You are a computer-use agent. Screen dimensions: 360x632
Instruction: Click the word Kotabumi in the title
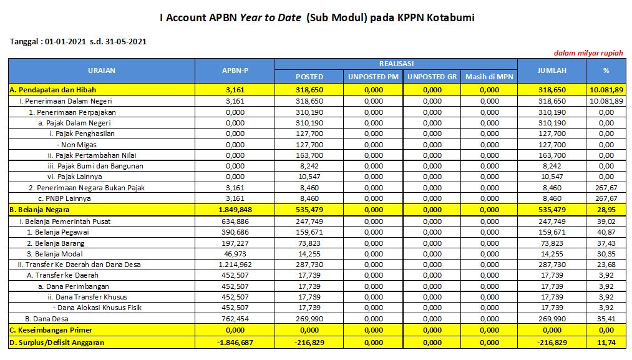(449, 17)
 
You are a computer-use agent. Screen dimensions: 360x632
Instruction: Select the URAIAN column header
(102, 71)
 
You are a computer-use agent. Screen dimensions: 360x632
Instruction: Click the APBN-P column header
(235, 71)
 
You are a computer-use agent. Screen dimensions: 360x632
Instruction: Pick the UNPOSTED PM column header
(374, 77)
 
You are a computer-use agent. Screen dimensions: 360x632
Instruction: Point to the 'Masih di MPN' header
(490, 77)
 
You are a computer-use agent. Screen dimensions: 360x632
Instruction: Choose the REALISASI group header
(396, 64)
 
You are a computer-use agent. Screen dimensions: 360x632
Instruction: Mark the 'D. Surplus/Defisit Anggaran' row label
(57, 343)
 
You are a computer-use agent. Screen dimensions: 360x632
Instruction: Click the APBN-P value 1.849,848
(235, 209)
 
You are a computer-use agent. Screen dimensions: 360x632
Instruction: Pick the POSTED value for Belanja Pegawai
(309, 232)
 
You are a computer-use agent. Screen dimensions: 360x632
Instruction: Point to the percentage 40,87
(606, 232)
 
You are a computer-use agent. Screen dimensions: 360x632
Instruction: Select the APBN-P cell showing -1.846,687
(235, 343)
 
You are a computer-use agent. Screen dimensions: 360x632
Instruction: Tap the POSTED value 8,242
(309, 166)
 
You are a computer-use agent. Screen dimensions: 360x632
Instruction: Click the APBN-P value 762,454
(235, 318)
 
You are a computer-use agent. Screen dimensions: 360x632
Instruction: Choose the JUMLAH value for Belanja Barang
(552, 243)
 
